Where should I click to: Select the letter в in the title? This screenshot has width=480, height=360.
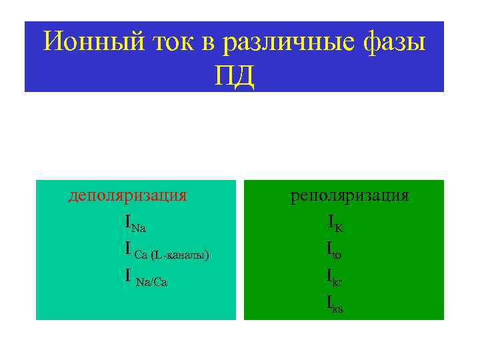(208, 43)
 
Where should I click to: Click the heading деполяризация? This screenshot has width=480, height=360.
(127, 195)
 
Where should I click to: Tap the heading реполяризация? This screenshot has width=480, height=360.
(349, 195)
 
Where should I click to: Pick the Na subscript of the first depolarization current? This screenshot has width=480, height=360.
(139, 228)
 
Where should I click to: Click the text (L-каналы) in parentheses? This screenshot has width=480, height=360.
(180, 255)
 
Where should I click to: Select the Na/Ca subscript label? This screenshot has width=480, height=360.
(151, 283)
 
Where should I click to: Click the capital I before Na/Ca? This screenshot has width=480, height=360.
(127, 277)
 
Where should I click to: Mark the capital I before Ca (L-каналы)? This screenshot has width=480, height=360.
(127, 249)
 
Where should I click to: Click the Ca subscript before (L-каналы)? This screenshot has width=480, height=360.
(141, 255)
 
